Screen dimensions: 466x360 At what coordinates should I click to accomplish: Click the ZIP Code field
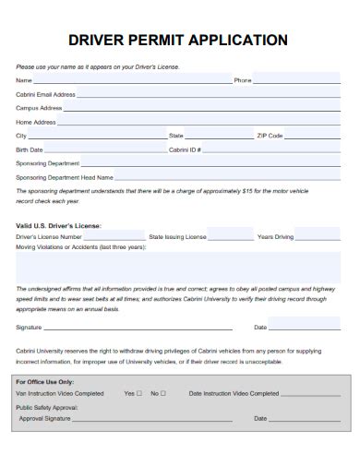pyautogui.click(x=314, y=135)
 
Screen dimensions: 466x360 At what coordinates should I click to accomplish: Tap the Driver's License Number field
pyautogui.click(x=114, y=236)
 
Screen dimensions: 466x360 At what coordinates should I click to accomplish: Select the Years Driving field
pyautogui.click(x=319, y=236)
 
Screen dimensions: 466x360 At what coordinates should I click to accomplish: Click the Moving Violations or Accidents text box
pyautogui.click(x=179, y=267)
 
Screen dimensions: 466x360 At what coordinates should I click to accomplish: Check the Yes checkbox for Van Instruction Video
pyautogui.click(x=139, y=393)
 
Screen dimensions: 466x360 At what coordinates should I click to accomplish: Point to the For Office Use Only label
pyautogui.click(x=45, y=381)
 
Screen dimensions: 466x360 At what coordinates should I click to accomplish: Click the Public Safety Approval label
pyautogui.click(x=46, y=406)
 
